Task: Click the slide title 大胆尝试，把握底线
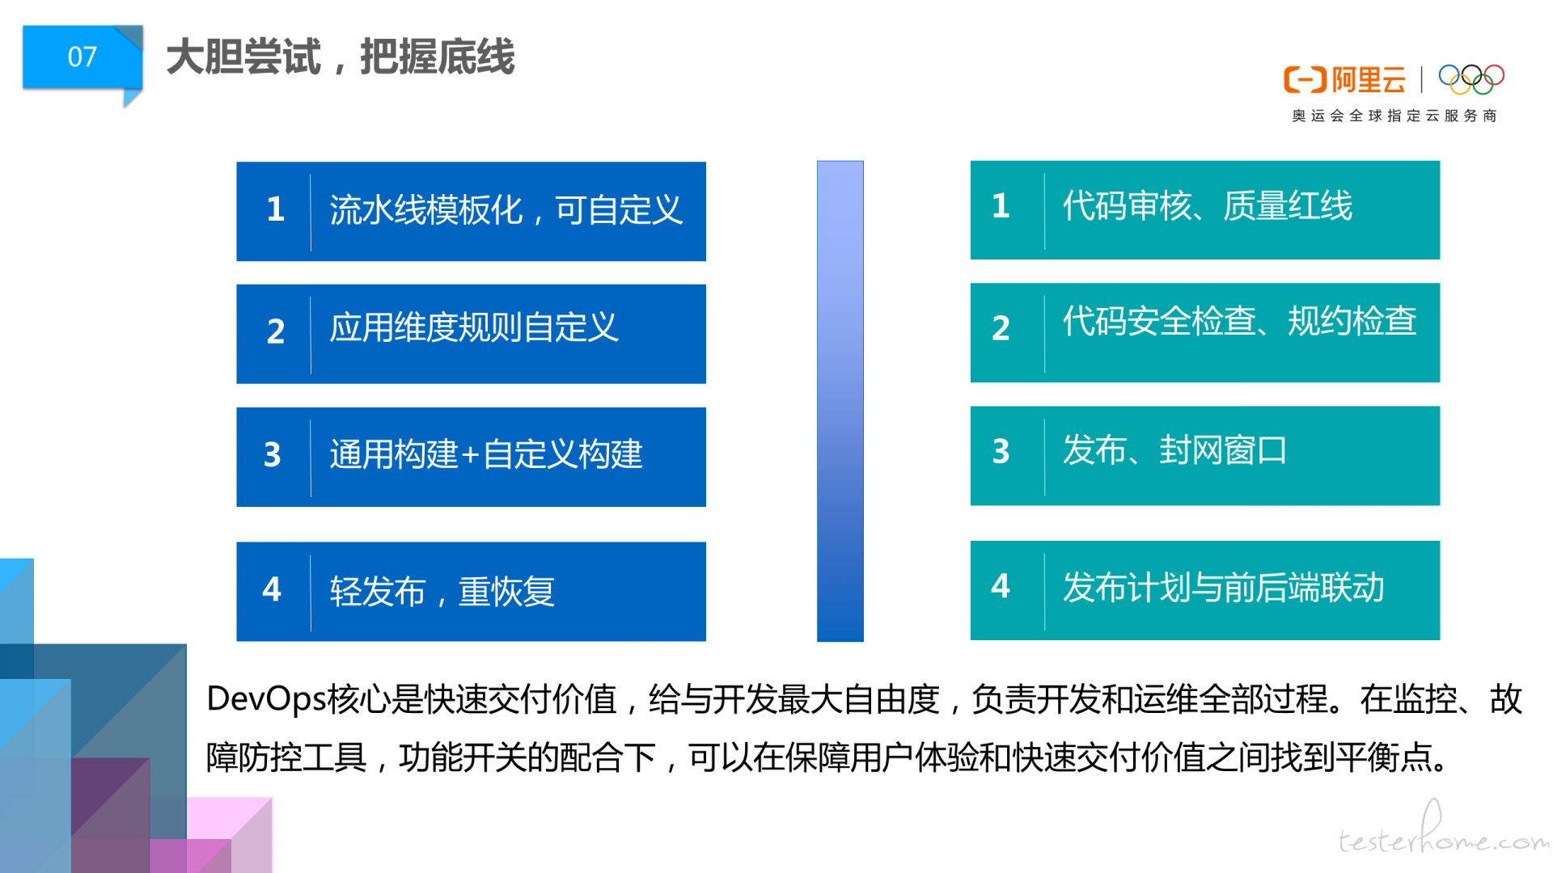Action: [x=341, y=57]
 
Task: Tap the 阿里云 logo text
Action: [x=1369, y=80]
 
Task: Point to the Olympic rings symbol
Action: [x=1471, y=78]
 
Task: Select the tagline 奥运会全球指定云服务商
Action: [x=1394, y=116]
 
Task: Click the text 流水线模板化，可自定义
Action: [x=506, y=210]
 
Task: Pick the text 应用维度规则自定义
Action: [x=474, y=328]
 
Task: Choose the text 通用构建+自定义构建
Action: [x=486, y=454]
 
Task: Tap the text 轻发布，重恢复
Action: [x=442, y=592]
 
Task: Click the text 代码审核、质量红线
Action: [x=1208, y=206]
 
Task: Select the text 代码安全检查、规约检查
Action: [x=1240, y=322]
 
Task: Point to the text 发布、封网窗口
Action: [x=1175, y=450]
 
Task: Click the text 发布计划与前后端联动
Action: [x=1224, y=588]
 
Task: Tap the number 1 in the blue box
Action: [x=276, y=209]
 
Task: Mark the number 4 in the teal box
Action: [x=1001, y=586]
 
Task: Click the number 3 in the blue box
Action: [x=273, y=454]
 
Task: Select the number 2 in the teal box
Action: [x=1001, y=328]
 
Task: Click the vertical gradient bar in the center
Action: [x=840, y=401]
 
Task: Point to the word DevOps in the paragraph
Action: [x=266, y=699]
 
